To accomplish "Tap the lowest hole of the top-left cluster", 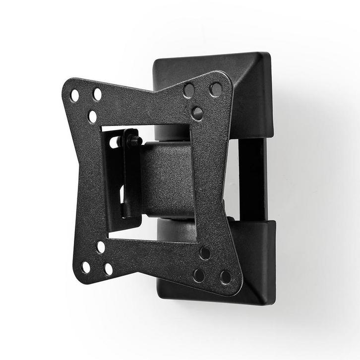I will point(92,117).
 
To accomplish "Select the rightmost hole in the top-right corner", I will point(216,89).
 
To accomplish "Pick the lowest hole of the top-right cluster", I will point(196,113).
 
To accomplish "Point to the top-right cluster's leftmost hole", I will point(188,90).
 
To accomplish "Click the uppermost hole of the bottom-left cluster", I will point(101,246).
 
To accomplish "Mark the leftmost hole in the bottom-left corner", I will point(86,267).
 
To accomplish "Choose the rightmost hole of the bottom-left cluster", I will point(108,269).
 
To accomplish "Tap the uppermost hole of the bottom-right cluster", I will point(204,253).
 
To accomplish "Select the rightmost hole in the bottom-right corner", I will point(225,277).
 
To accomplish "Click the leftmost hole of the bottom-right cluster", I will point(199,275).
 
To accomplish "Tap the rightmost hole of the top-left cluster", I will point(97,94).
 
